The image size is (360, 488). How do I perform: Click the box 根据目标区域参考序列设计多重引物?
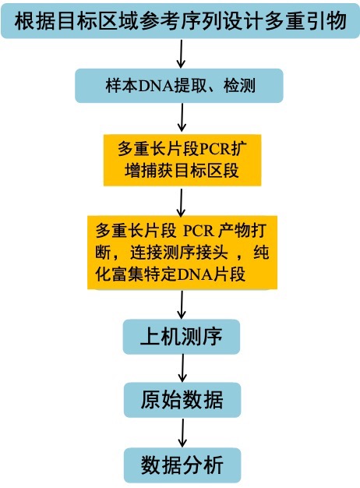[x=180, y=21]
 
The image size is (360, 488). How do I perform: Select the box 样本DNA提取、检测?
[x=179, y=86]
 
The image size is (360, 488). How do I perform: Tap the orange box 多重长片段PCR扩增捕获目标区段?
[x=182, y=161]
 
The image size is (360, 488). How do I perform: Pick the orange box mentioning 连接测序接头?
[x=182, y=253]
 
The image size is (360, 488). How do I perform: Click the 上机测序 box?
[x=182, y=337]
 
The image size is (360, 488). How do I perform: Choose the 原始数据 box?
[x=182, y=400]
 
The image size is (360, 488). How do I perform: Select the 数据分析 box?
[x=182, y=465]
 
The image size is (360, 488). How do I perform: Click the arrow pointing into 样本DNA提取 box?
[x=181, y=54]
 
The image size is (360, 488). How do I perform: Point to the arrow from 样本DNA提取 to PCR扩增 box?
[x=182, y=118]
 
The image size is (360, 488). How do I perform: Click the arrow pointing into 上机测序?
[x=182, y=305]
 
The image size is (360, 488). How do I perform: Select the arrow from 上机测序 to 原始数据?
[x=182, y=368]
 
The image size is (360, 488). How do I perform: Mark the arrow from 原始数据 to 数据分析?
[x=182, y=433]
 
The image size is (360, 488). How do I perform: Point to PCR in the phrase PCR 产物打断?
[x=199, y=231]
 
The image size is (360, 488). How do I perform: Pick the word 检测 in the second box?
[x=239, y=86]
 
